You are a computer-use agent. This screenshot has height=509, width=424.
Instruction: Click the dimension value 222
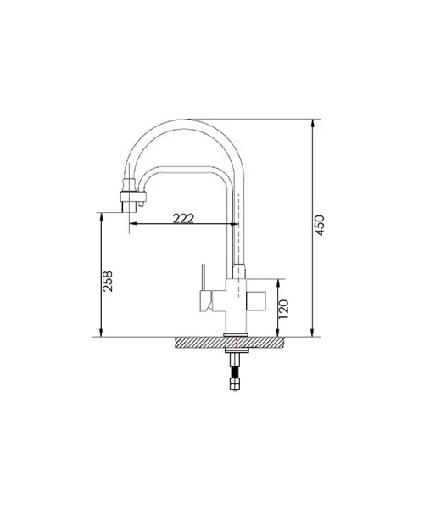[183, 219]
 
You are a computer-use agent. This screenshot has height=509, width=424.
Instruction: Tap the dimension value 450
[320, 226]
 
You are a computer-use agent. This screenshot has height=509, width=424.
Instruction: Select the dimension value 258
[108, 281]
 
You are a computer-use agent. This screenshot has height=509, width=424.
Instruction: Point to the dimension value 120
[283, 310]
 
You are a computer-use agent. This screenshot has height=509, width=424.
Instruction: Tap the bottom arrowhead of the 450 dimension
[313, 332]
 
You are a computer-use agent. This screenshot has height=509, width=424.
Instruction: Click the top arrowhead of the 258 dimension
[101, 218]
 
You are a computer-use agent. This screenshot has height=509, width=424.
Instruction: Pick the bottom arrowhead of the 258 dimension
[101, 332]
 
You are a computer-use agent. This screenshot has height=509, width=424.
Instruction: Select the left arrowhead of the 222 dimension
[135, 223]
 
